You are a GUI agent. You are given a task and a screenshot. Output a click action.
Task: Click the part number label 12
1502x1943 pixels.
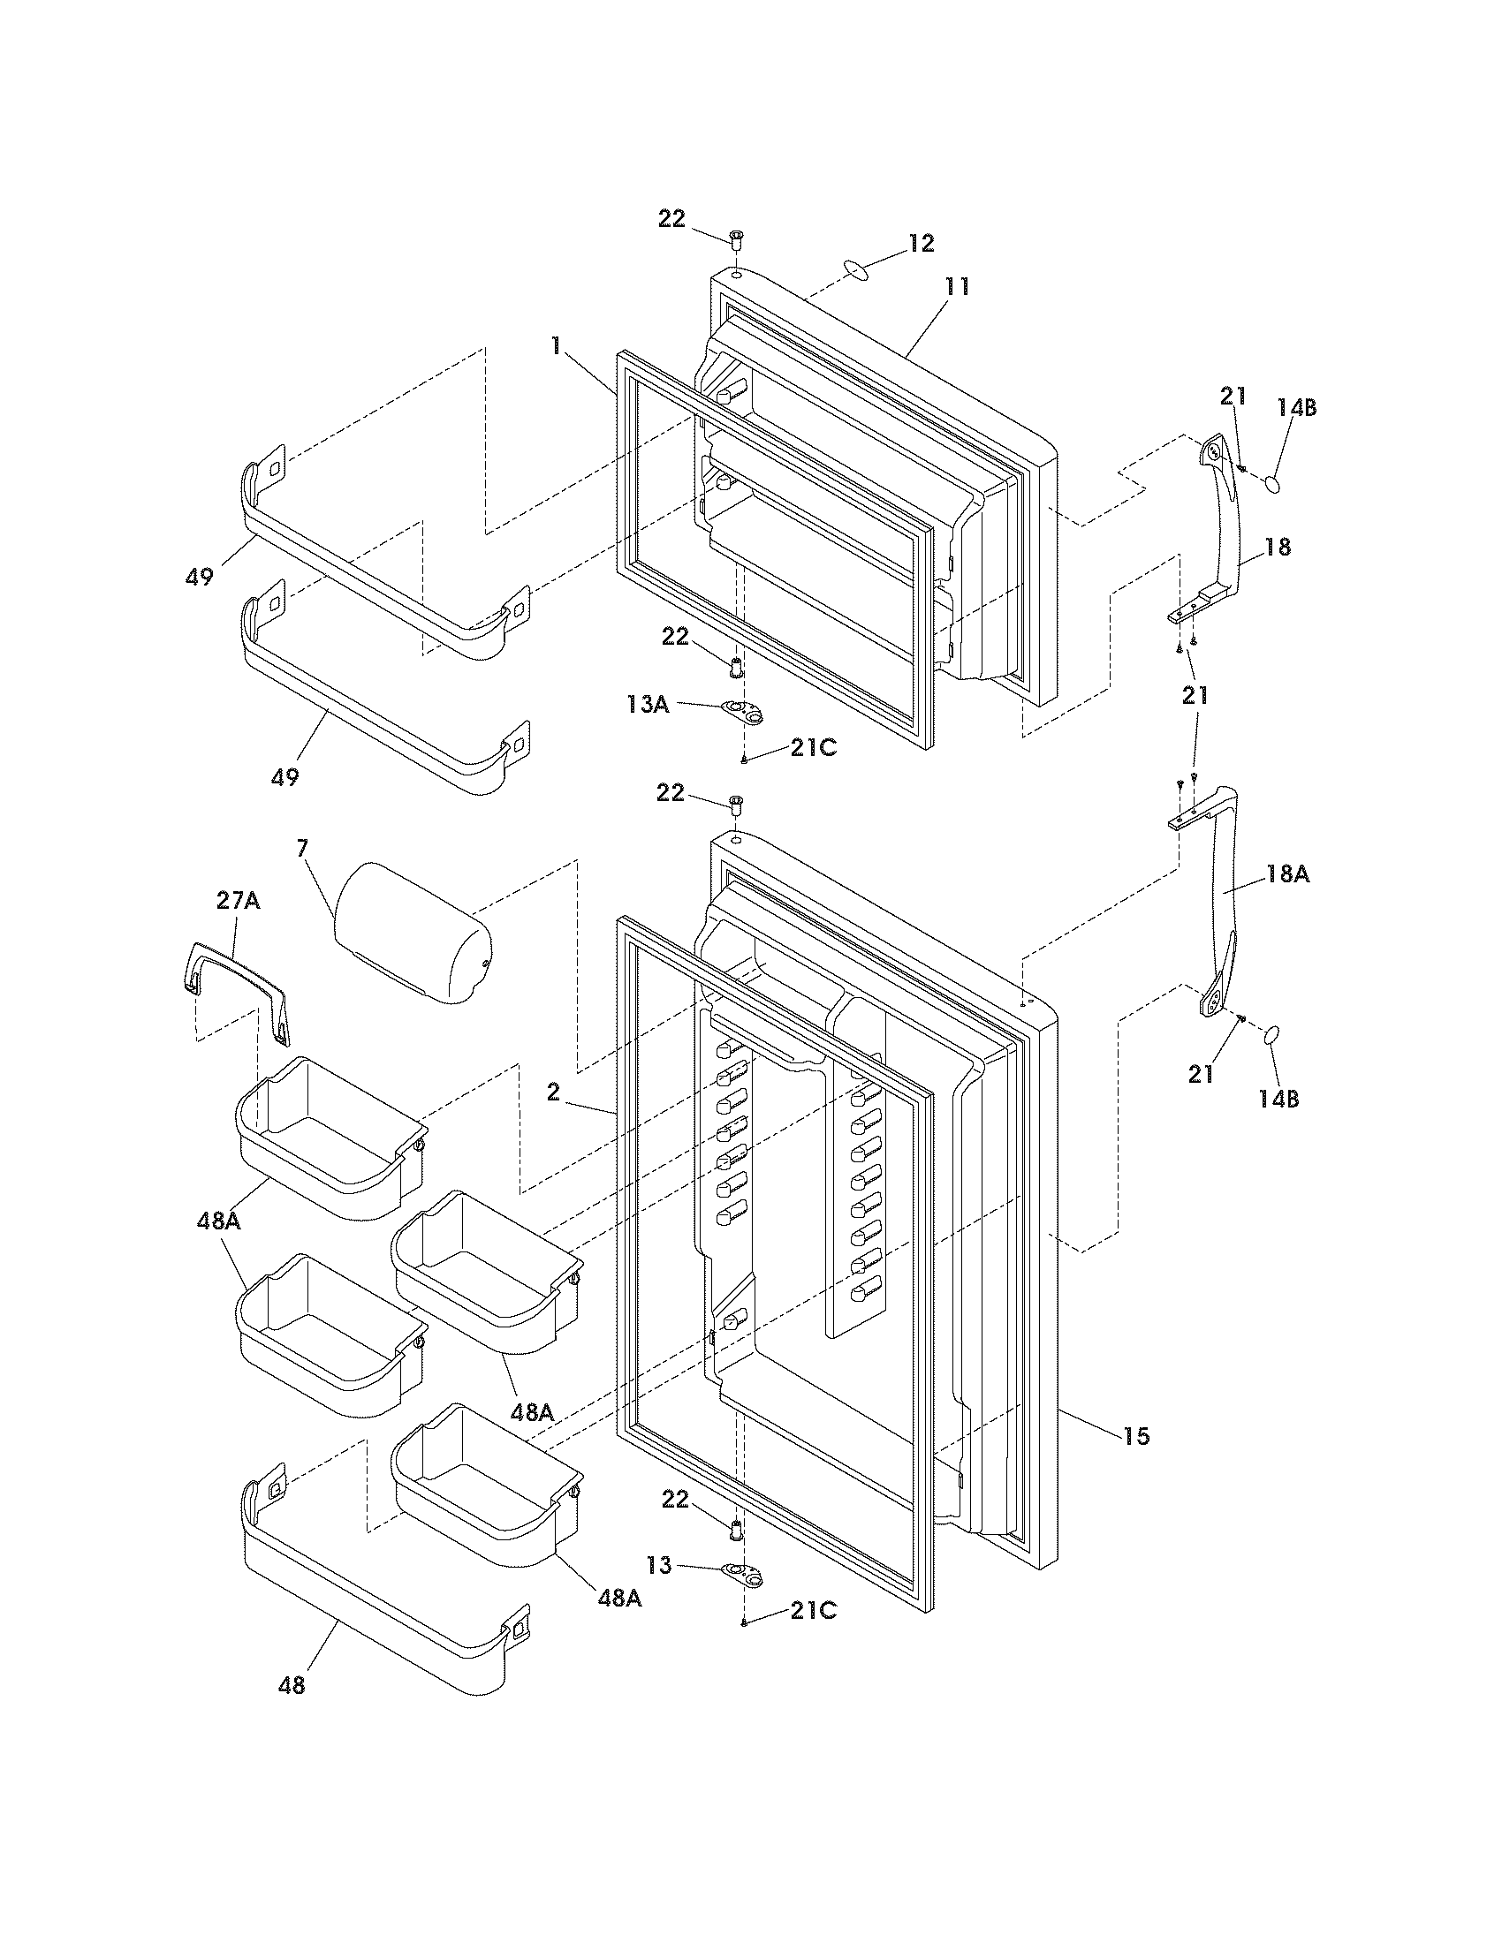coord(921,243)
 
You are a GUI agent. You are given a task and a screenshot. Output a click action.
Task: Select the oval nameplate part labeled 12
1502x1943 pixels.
coord(853,270)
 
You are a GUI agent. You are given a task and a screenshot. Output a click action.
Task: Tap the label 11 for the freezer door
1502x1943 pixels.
coord(958,286)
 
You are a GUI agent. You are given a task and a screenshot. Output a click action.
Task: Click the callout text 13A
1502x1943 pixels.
coord(647,705)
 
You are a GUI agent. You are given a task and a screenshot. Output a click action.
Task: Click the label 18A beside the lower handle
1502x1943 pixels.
coord(1287,875)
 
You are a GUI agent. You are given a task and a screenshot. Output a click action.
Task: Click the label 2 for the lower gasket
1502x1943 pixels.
coord(553,1092)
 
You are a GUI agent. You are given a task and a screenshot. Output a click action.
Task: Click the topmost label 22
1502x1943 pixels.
coord(671,219)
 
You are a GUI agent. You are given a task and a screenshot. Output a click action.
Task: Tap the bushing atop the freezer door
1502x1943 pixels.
coord(737,238)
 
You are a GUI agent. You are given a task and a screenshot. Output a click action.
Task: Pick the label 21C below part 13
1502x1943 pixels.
coord(813,1610)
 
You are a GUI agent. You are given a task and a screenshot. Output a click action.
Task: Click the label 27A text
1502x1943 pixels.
coord(239,901)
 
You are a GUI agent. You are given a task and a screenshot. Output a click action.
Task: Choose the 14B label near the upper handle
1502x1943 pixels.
coord(1296,408)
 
